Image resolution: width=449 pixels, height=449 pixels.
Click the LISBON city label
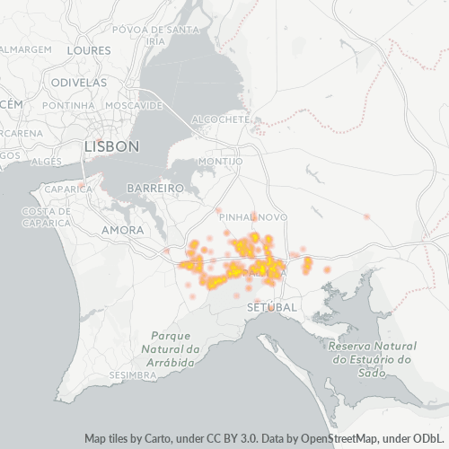click(110, 145)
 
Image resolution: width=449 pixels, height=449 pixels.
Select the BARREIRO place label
click(155, 189)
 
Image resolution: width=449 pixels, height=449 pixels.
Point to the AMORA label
click(123, 231)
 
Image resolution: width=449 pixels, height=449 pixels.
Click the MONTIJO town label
click(220, 162)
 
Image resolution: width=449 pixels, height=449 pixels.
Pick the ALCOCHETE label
click(220, 119)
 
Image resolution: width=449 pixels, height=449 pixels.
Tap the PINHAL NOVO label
click(260, 217)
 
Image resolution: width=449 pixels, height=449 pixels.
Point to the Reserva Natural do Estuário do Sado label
click(372, 352)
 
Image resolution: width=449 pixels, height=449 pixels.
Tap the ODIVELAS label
click(79, 83)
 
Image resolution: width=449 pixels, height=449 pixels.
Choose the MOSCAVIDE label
click(133, 105)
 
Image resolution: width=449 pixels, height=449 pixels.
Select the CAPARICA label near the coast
click(63, 190)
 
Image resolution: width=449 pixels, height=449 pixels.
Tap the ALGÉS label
click(46, 162)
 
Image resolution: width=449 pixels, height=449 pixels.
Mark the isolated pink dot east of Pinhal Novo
click(366, 217)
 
